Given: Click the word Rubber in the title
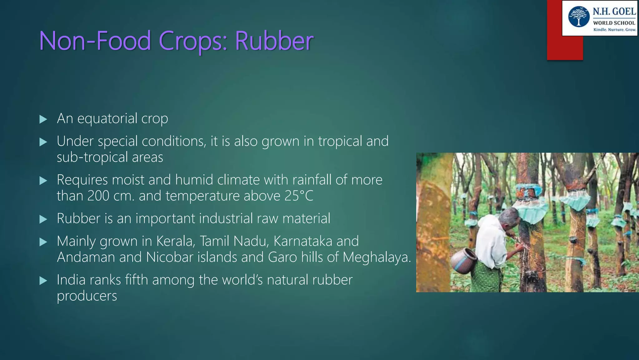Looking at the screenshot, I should click(274, 41).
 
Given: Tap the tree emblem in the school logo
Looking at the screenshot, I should click(579, 17).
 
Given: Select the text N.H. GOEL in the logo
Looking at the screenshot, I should click(614, 12).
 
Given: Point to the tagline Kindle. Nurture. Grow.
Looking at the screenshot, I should click(614, 30).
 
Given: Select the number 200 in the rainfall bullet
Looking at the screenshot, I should click(98, 196).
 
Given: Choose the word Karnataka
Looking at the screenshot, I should click(303, 241).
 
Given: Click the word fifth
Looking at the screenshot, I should click(136, 280).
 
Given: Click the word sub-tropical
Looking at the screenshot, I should click(92, 157).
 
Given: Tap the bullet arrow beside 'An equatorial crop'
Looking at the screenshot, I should click(43, 119).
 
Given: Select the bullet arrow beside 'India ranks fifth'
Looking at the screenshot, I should click(43, 281).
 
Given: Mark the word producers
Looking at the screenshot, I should click(87, 296).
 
